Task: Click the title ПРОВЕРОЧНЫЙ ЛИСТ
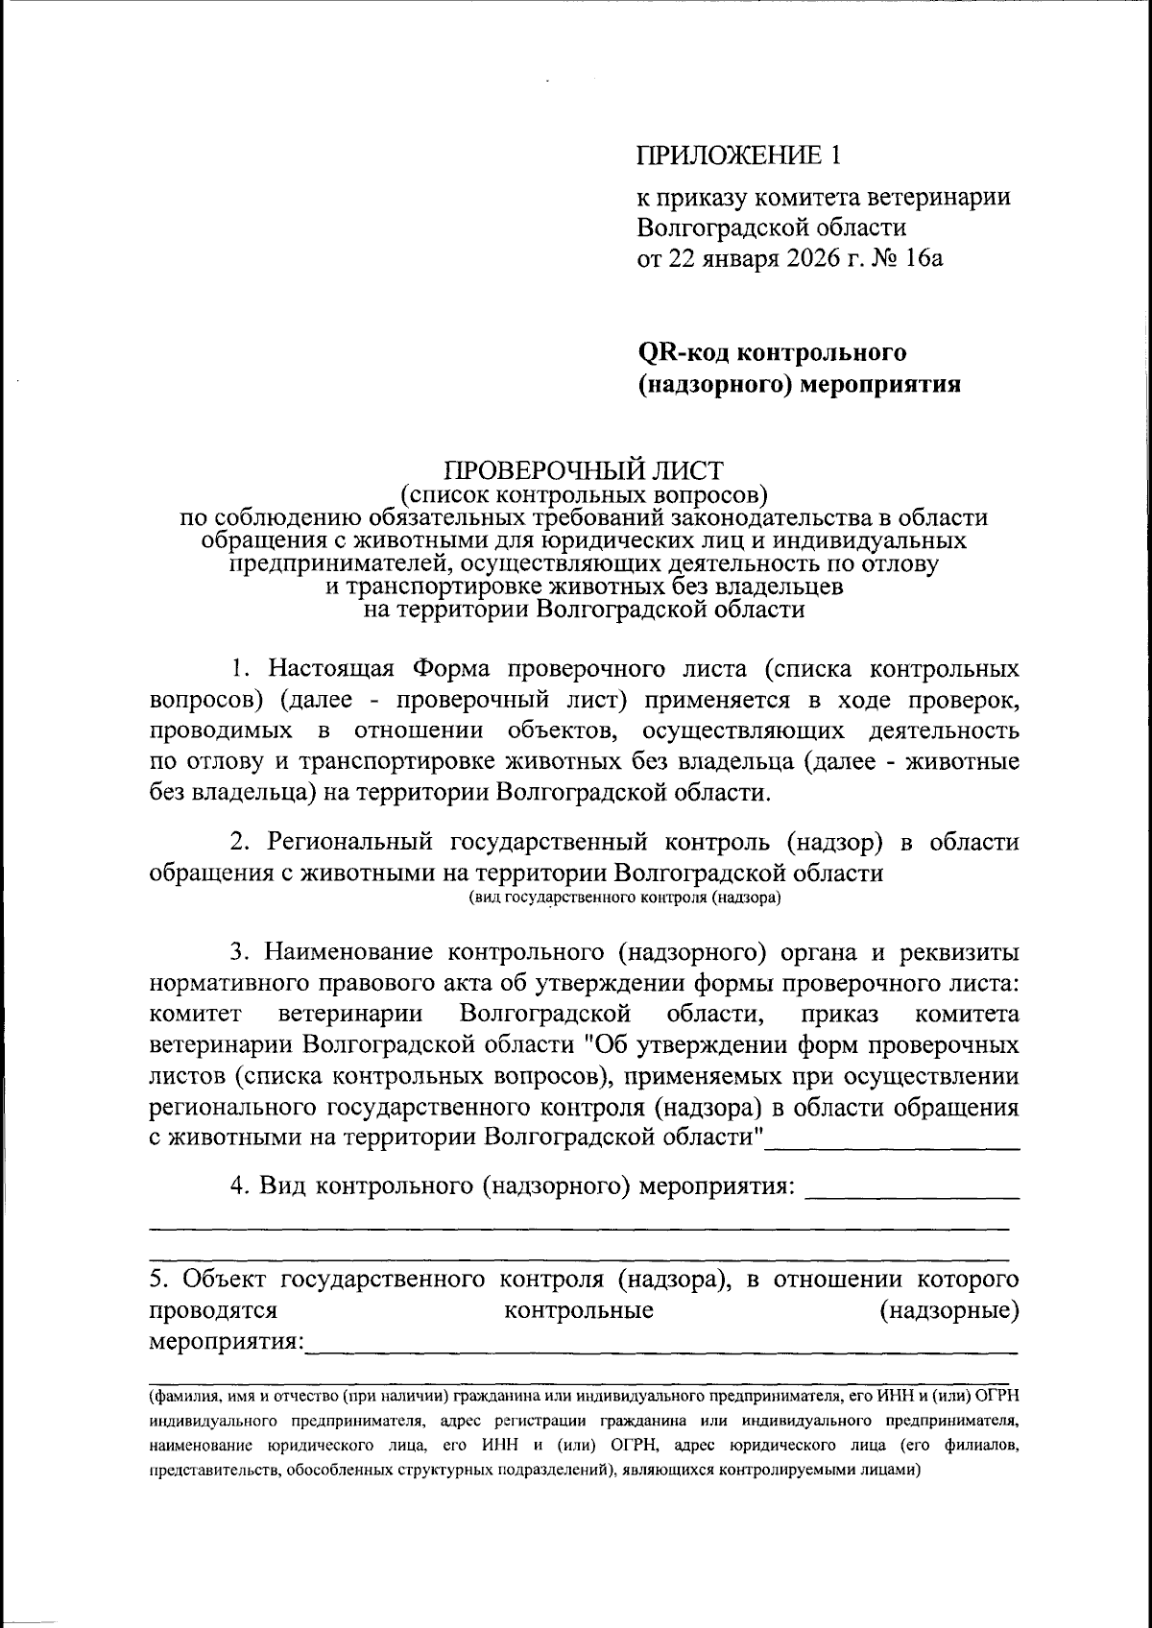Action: [x=584, y=472]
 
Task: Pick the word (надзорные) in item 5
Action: [x=948, y=1310]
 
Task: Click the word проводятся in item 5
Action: [x=214, y=1310]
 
